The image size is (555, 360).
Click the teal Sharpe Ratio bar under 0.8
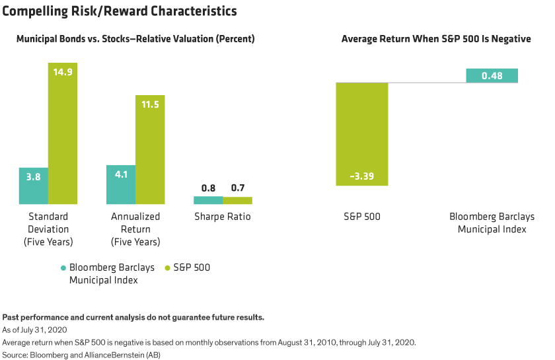(208, 200)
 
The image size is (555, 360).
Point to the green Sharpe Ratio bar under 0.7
(237, 200)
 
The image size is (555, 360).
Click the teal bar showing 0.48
(492, 75)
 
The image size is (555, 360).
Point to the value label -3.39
(361, 176)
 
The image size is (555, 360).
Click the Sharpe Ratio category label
(223, 217)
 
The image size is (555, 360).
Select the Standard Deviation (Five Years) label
(48, 229)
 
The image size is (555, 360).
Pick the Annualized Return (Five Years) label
(135, 229)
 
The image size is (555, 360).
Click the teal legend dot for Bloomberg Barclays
(63, 268)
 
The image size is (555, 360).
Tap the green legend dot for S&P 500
(167, 268)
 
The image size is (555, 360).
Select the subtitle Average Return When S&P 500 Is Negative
(436, 40)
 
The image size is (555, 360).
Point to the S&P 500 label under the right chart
(361, 217)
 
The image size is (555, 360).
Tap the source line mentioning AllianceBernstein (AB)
(86, 355)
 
